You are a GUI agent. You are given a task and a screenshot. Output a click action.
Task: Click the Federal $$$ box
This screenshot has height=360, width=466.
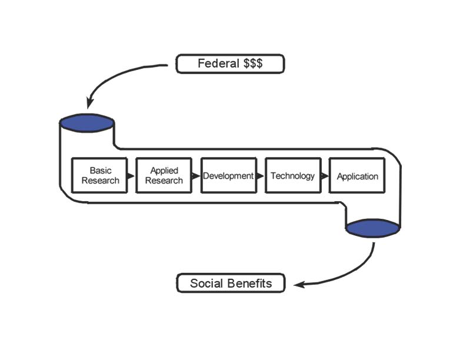click(230, 64)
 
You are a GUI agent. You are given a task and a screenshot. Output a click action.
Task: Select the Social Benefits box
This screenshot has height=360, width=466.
click(231, 283)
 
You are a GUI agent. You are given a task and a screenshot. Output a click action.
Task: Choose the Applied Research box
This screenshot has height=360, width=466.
click(164, 175)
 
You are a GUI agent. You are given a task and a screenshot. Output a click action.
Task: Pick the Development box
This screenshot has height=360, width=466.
click(228, 175)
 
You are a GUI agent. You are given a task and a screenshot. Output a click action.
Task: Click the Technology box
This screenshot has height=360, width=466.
click(292, 175)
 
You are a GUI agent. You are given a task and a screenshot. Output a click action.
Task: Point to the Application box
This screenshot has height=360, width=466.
click(357, 175)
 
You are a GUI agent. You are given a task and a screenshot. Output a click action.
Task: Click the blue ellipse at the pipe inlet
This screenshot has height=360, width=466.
click(86, 123)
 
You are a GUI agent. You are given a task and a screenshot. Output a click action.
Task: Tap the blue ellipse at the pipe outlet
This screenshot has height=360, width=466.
click(373, 228)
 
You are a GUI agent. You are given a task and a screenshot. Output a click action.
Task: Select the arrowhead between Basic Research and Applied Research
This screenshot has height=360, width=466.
click(131, 176)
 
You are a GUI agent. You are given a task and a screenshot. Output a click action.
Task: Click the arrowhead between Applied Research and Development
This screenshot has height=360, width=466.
click(196, 176)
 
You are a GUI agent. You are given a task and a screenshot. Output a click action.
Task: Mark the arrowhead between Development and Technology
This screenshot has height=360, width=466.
click(260, 176)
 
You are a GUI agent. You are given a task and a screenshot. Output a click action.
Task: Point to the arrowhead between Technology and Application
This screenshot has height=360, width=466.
click(325, 176)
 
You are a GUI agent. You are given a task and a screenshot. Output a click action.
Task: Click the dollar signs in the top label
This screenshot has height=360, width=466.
click(254, 64)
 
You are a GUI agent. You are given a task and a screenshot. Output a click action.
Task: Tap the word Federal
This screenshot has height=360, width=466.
click(217, 64)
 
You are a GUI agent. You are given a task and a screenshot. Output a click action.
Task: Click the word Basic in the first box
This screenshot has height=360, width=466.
click(101, 171)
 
